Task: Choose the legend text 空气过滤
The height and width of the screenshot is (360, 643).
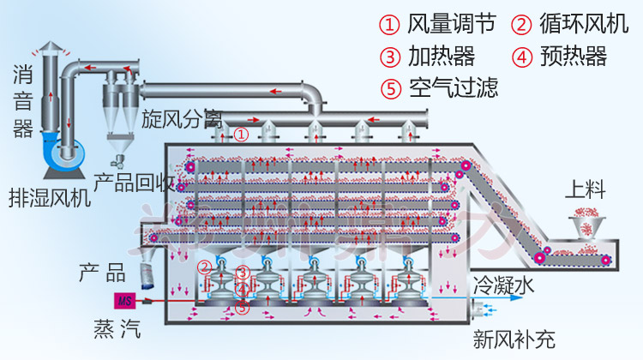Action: point(452,87)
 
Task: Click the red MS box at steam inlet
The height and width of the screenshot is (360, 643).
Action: point(125,300)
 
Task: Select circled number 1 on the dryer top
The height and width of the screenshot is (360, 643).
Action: point(243,135)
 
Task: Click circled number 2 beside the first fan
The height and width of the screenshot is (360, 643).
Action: point(204,267)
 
